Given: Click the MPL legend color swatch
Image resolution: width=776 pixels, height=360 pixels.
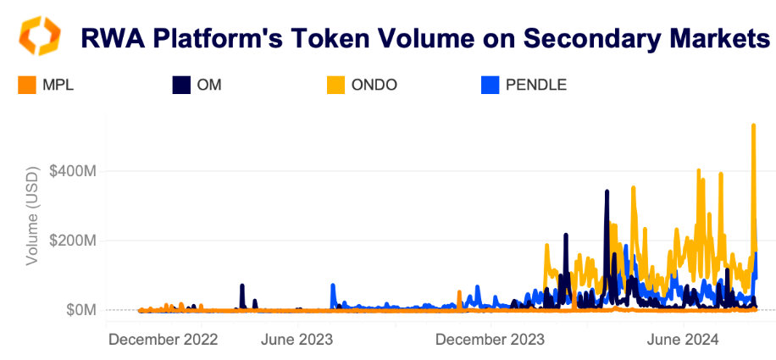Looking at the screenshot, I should (x=26, y=85).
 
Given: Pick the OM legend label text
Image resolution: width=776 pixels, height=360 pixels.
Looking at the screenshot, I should (x=208, y=85).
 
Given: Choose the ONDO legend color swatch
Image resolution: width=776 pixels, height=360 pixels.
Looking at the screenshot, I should (x=336, y=85).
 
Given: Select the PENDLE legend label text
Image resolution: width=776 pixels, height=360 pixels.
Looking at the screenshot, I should (x=535, y=85).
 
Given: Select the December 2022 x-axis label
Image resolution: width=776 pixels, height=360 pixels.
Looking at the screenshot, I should (x=164, y=339).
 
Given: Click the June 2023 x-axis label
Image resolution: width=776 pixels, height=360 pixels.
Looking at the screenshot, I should (x=297, y=339).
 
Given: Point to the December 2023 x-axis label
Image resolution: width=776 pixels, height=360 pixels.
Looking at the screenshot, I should (x=490, y=339).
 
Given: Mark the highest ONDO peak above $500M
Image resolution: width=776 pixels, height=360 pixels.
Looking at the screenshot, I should (x=753, y=126).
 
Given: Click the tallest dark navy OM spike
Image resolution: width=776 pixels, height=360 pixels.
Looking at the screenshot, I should (x=607, y=192).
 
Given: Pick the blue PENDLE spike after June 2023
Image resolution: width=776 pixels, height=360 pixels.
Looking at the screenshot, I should (x=332, y=285).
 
